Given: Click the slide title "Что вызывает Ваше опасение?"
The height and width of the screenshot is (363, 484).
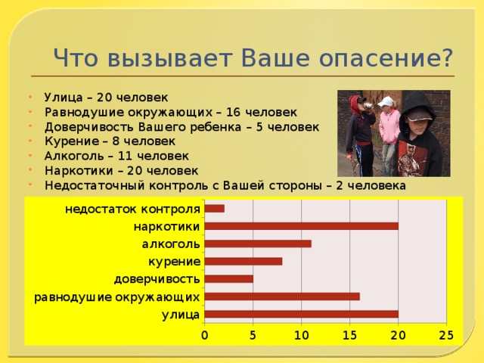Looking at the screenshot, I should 253,57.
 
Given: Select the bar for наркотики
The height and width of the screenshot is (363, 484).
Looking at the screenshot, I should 301,226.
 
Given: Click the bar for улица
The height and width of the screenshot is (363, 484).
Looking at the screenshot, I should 301,314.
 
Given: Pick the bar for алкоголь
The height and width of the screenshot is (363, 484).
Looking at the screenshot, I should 257,244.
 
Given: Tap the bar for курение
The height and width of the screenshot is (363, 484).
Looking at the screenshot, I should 243,261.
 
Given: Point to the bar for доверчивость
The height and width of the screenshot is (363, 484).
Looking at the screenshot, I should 228,278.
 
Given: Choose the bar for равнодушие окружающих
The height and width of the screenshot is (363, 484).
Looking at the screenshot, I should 281,296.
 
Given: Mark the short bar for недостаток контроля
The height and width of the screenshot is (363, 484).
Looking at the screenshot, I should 214,209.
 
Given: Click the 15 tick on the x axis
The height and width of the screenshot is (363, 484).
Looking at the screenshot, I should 349,334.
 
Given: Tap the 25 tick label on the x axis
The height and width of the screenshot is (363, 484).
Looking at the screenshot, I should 446,334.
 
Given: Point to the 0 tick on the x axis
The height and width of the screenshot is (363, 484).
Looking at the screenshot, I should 204,334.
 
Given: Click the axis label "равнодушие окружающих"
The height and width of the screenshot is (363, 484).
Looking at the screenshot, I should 117,296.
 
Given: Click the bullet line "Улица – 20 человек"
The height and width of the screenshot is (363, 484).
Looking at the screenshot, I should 106,98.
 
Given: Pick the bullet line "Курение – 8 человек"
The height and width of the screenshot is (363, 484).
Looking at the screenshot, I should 110,141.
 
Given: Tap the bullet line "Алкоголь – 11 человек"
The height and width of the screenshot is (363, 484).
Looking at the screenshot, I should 116,155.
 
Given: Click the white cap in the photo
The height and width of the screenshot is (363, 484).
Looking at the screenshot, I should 386,101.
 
